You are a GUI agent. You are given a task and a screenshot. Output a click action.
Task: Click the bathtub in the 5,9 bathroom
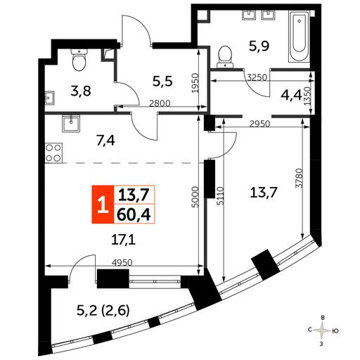299,37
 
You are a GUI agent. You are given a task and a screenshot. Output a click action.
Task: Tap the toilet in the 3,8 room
79,60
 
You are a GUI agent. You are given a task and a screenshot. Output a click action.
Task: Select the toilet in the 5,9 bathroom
225,56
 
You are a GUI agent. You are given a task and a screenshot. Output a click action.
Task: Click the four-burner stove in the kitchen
53,153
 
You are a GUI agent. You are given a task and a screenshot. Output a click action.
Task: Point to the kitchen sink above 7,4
71,123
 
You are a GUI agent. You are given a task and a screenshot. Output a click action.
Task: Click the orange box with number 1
103,204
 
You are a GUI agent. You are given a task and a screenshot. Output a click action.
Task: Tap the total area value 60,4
134,214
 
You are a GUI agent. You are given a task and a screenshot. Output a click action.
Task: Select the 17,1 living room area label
123,240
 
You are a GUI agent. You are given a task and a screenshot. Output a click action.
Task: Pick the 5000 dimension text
195,197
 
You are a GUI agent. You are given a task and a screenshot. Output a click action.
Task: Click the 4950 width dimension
122,262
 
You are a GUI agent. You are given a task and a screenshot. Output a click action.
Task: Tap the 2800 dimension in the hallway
160,103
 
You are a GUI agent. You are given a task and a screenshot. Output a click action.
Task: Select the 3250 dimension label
257,77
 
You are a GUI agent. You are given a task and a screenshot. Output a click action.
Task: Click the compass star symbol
323,330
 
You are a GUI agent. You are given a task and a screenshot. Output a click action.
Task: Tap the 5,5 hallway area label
162,82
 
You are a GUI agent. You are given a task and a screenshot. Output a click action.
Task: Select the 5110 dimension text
220,196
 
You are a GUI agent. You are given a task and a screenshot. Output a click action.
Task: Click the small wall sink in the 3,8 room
50,98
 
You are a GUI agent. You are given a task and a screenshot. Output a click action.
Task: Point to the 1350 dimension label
307,96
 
